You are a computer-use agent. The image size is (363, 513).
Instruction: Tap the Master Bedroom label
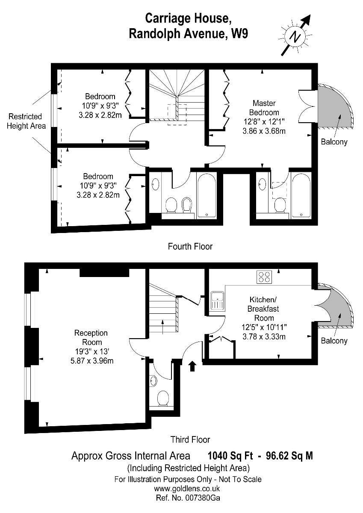click(264, 108)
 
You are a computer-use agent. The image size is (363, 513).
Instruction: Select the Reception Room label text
click(91, 337)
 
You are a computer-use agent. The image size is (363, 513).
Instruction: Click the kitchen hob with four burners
click(264, 277)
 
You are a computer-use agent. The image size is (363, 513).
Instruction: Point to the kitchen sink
click(217, 301)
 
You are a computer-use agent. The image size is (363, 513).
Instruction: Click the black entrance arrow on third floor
click(192, 366)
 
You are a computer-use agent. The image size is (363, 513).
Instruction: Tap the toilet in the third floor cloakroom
click(163, 398)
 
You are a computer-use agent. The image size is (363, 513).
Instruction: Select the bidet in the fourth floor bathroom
click(186, 205)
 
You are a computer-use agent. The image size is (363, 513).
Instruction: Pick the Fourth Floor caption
click(190, 246)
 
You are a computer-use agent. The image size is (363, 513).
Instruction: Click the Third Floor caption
click(190, 439)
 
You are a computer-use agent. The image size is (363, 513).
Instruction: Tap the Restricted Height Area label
click(26, 121)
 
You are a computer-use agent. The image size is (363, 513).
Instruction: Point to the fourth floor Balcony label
click(334, 142)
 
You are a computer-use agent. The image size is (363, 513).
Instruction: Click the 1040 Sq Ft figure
click(230, 456)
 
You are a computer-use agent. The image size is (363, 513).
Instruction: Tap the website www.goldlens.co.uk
click(187, 489)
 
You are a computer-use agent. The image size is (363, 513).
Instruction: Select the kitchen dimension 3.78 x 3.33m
click(264, 336)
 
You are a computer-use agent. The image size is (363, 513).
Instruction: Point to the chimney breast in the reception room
click(104, 272)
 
